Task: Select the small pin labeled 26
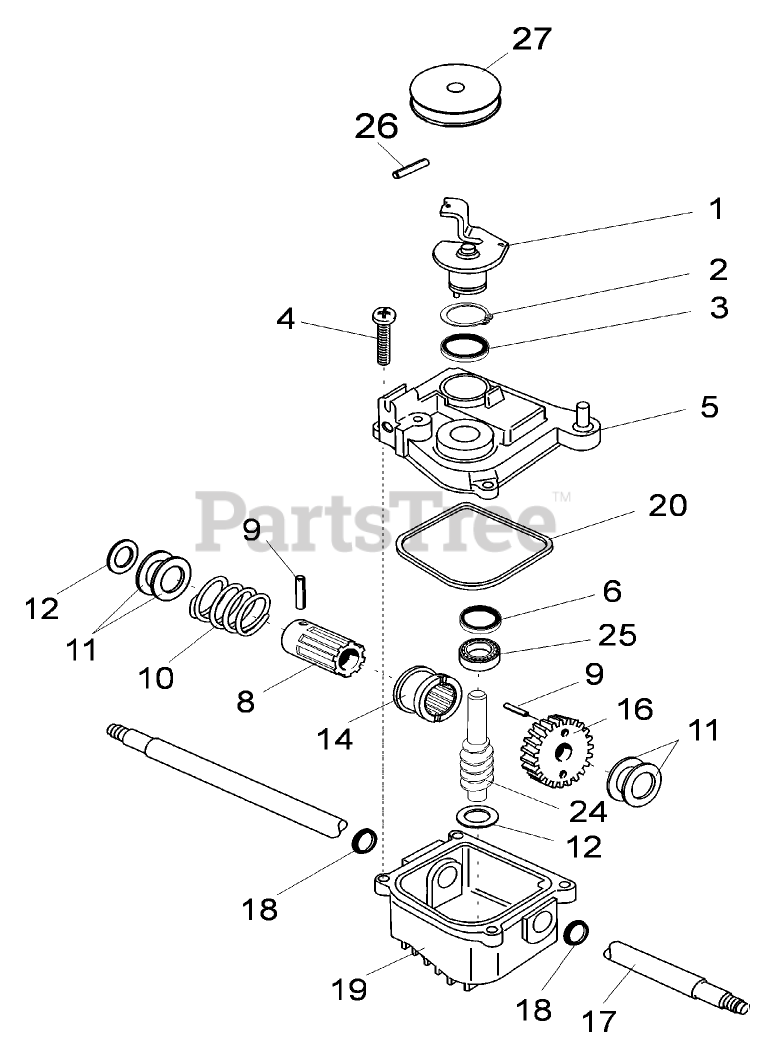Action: (x=410, y=166)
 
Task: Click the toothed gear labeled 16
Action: (x=558, y=747)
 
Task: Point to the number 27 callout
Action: (x=531, y=40)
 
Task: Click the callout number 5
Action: (x=708, y=407)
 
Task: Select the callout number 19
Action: (x=349, y=989)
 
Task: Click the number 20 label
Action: (x=667, y=506)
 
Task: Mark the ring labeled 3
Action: (x=466, y=348)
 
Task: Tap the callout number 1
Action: (x=714, y=210)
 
